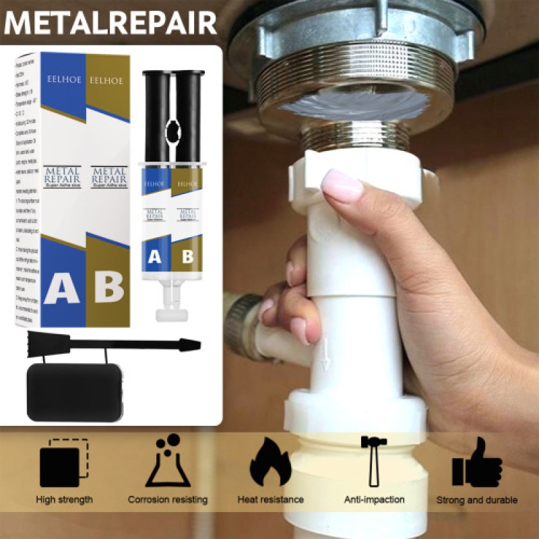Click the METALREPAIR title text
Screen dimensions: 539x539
pyautogui.click(x=111, y=22)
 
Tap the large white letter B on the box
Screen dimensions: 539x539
pyautogui.click(x=108, y=286)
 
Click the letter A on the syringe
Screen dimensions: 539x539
pyautogui.click(x=154, y=256)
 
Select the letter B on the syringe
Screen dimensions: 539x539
pyautogui.click(x=187, y=256)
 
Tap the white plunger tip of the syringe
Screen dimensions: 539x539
pyautogui.click(x=170, y=314)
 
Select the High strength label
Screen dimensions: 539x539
pyautogui.click(x=65, y=500)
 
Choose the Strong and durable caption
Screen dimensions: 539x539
pyautogui.click(x=476, y=500)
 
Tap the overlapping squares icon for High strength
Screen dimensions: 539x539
pyautogui.click(x=65, y=464)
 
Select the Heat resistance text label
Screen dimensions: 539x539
pyautogui.click(x=270, y=500)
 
